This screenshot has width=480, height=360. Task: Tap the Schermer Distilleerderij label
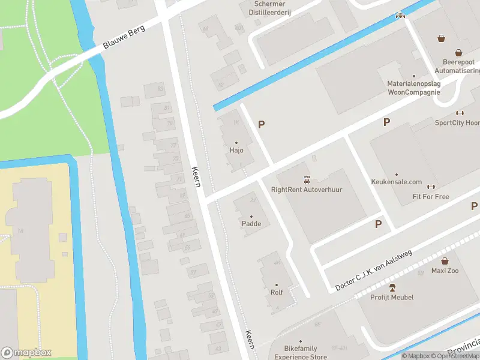coord(265,8)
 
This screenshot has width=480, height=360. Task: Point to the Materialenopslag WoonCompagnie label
coord(413,88)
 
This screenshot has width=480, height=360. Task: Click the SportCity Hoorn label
coord(457,122)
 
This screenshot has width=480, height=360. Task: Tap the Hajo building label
coord(236,151)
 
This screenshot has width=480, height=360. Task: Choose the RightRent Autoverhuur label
coord(307,190)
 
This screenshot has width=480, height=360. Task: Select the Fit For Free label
coord(431,197)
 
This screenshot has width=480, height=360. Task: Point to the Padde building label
coord(251,224)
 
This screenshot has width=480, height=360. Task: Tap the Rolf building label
coord(277,293)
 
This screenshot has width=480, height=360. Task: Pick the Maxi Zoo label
coord(445,271)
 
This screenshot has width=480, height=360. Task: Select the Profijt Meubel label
coord(392,297)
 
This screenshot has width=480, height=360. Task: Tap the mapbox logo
coord(27,352)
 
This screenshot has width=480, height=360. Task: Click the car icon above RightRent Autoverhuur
coord(307,179)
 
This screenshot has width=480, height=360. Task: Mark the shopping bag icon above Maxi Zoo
coord(445,260)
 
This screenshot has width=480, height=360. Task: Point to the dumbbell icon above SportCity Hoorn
coord(460,113)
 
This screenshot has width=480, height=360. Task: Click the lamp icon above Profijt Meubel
coord(392,287)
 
